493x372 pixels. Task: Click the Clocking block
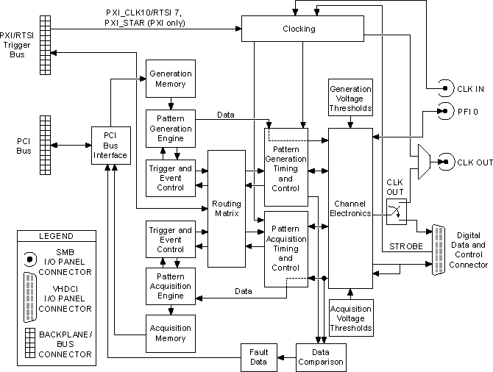(x=298, y=29)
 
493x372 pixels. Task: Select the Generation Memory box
(x=170, y=79)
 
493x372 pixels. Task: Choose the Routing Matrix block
(x=226, y=208)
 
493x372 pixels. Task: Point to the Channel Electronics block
(x=350, y=208)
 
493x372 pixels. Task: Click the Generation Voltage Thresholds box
(x=350, y=99)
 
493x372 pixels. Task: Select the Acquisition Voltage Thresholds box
(x=350, y=318)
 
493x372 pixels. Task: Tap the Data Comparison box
(x=320, y=357)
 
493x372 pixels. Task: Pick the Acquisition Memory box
(x=170, y=333)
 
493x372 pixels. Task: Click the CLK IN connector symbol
(x=444, y=89)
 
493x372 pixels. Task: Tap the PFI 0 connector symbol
(x=444, y=112)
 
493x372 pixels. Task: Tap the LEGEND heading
(x=55, y=236)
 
